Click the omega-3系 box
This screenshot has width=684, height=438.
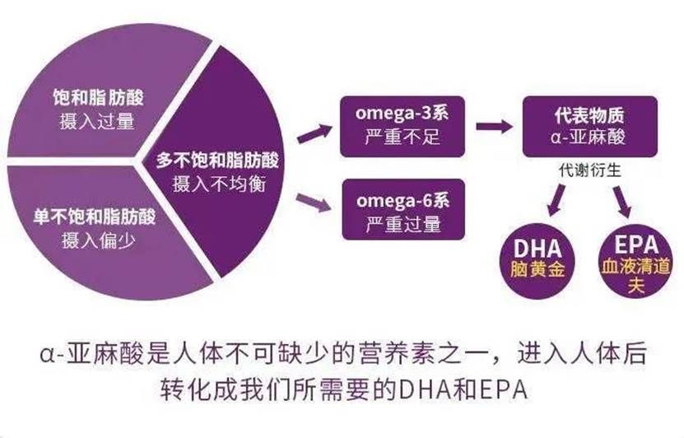pos(402,127)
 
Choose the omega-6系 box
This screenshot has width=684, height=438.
pos(403,209)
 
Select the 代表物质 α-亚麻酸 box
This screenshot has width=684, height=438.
pos(590,127)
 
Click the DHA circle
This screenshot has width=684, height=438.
pos(537,261)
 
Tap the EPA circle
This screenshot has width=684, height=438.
pos(635,261)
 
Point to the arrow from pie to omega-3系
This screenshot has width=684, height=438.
pos(315,133)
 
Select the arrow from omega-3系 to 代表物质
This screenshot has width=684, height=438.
pos(494,127)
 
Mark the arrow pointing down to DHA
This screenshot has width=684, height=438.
pos(556,200)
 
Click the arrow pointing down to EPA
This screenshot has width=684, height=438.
pos(622,201)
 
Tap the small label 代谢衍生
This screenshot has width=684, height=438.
pos(590,170)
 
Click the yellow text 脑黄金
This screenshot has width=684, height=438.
pos(537,269)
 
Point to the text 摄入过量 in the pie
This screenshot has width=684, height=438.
pos(97,121)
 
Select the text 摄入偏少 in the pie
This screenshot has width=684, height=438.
pos(99,240)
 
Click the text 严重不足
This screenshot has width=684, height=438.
pos(402,137)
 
